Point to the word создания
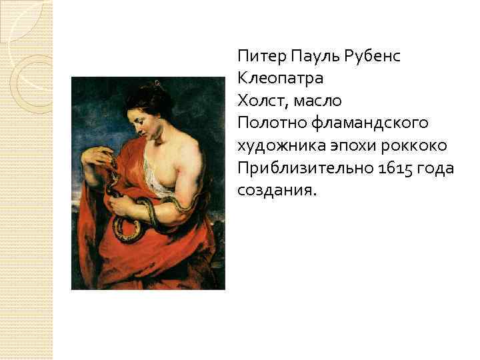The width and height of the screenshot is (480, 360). [x=275, y=190]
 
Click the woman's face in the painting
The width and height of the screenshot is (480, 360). [x=147, y=120]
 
